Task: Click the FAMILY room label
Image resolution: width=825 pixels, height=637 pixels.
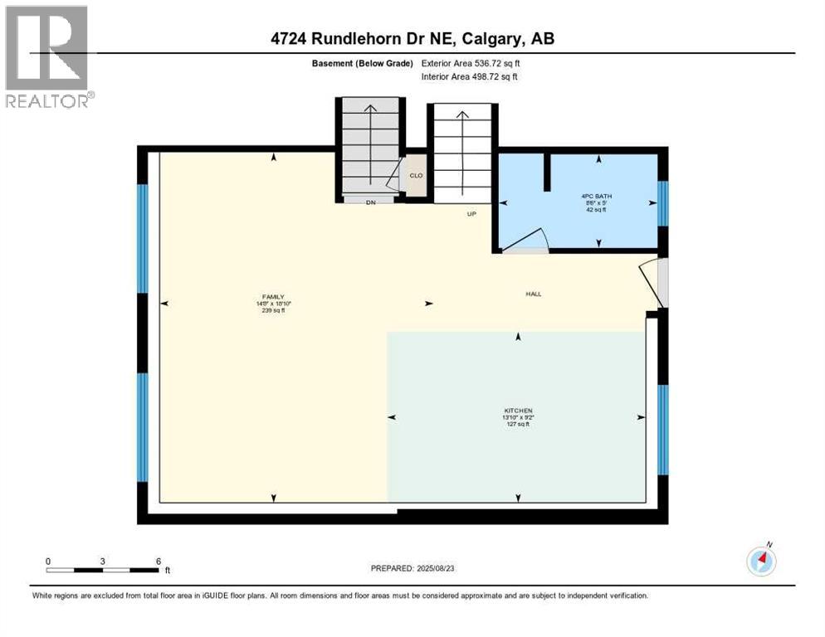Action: pos(273,297)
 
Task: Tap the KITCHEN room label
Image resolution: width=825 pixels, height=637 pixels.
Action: pos(518,411)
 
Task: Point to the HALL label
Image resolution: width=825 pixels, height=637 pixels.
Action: pos(533,294)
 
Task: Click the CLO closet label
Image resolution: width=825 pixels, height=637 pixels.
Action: pos(417,175)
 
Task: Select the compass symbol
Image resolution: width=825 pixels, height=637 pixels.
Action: pos(761,561)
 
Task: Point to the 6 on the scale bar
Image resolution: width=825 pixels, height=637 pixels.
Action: pos(158,562)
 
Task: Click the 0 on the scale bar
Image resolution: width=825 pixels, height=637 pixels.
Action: pos(48,562)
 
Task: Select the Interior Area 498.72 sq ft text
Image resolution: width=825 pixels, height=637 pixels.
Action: pos(471,77)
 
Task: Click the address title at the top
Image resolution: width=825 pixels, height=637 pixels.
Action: pos(412,38)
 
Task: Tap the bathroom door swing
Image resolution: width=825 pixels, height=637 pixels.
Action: pos(525,241)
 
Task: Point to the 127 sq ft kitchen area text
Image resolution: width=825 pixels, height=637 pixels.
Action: pos(518,424)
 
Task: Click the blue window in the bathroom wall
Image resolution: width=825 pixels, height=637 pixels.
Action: pos(661,203)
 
